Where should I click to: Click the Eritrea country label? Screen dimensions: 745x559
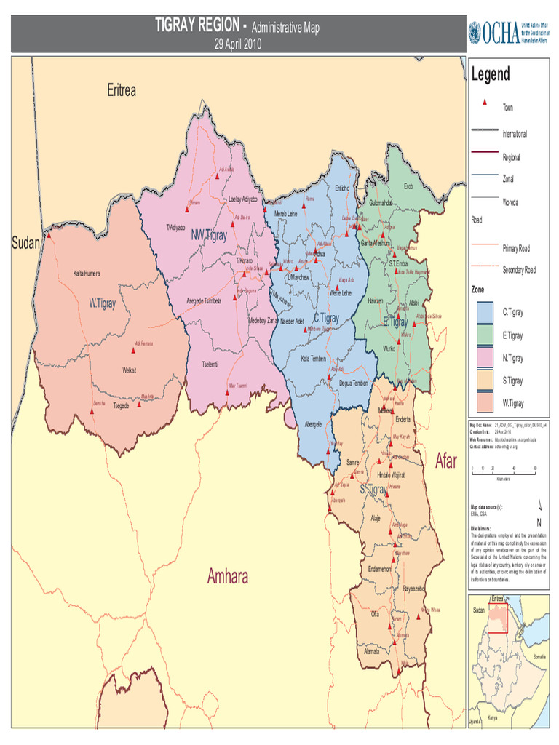point(122,91)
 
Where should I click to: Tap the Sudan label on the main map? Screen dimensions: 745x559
point(25,242)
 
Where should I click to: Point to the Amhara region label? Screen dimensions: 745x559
point(228,577)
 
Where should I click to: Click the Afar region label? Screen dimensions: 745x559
point(446,461)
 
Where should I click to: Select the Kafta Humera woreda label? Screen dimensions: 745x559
point(87,274)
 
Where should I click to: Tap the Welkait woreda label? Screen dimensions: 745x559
point(130,370)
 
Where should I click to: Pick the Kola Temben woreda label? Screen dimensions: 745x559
point(314,358)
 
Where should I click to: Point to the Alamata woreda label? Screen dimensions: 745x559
point(372,651)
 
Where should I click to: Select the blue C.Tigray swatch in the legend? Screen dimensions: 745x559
point(485,312)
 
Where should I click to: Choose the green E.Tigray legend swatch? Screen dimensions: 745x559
point(485,335)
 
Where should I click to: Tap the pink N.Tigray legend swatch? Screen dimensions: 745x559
point(485,358)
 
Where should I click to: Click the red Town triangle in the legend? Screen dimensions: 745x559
point(485,103)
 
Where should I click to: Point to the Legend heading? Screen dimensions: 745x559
point(491,73)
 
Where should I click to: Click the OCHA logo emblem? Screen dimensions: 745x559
point(475,32)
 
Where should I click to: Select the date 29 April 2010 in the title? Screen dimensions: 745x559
point(237,44)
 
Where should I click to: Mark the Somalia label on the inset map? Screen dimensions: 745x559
point(539,656)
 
